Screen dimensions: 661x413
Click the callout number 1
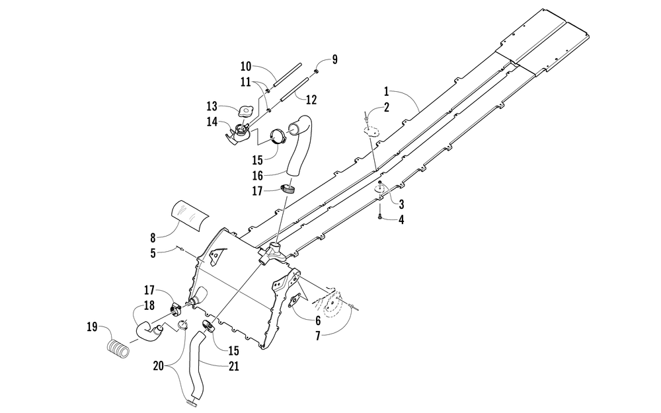[x=386, y=91]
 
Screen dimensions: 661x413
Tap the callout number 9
[x=334, y=59]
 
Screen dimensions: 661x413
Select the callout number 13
[x=212, y=106]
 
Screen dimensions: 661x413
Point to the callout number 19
[x=92, y=327]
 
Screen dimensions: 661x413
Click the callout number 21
[x=233, y=367]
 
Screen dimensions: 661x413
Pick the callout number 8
[x=153, y=238]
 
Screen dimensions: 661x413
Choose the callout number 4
[x=401, y=219]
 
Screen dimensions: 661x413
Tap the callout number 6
[x=318, y=320]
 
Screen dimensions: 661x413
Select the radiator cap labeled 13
[x=245, y=112]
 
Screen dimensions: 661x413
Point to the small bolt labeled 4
[x=380, y=216]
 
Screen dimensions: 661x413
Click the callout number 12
[x=311, y=100]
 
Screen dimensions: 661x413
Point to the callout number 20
[x=158, y=366]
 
